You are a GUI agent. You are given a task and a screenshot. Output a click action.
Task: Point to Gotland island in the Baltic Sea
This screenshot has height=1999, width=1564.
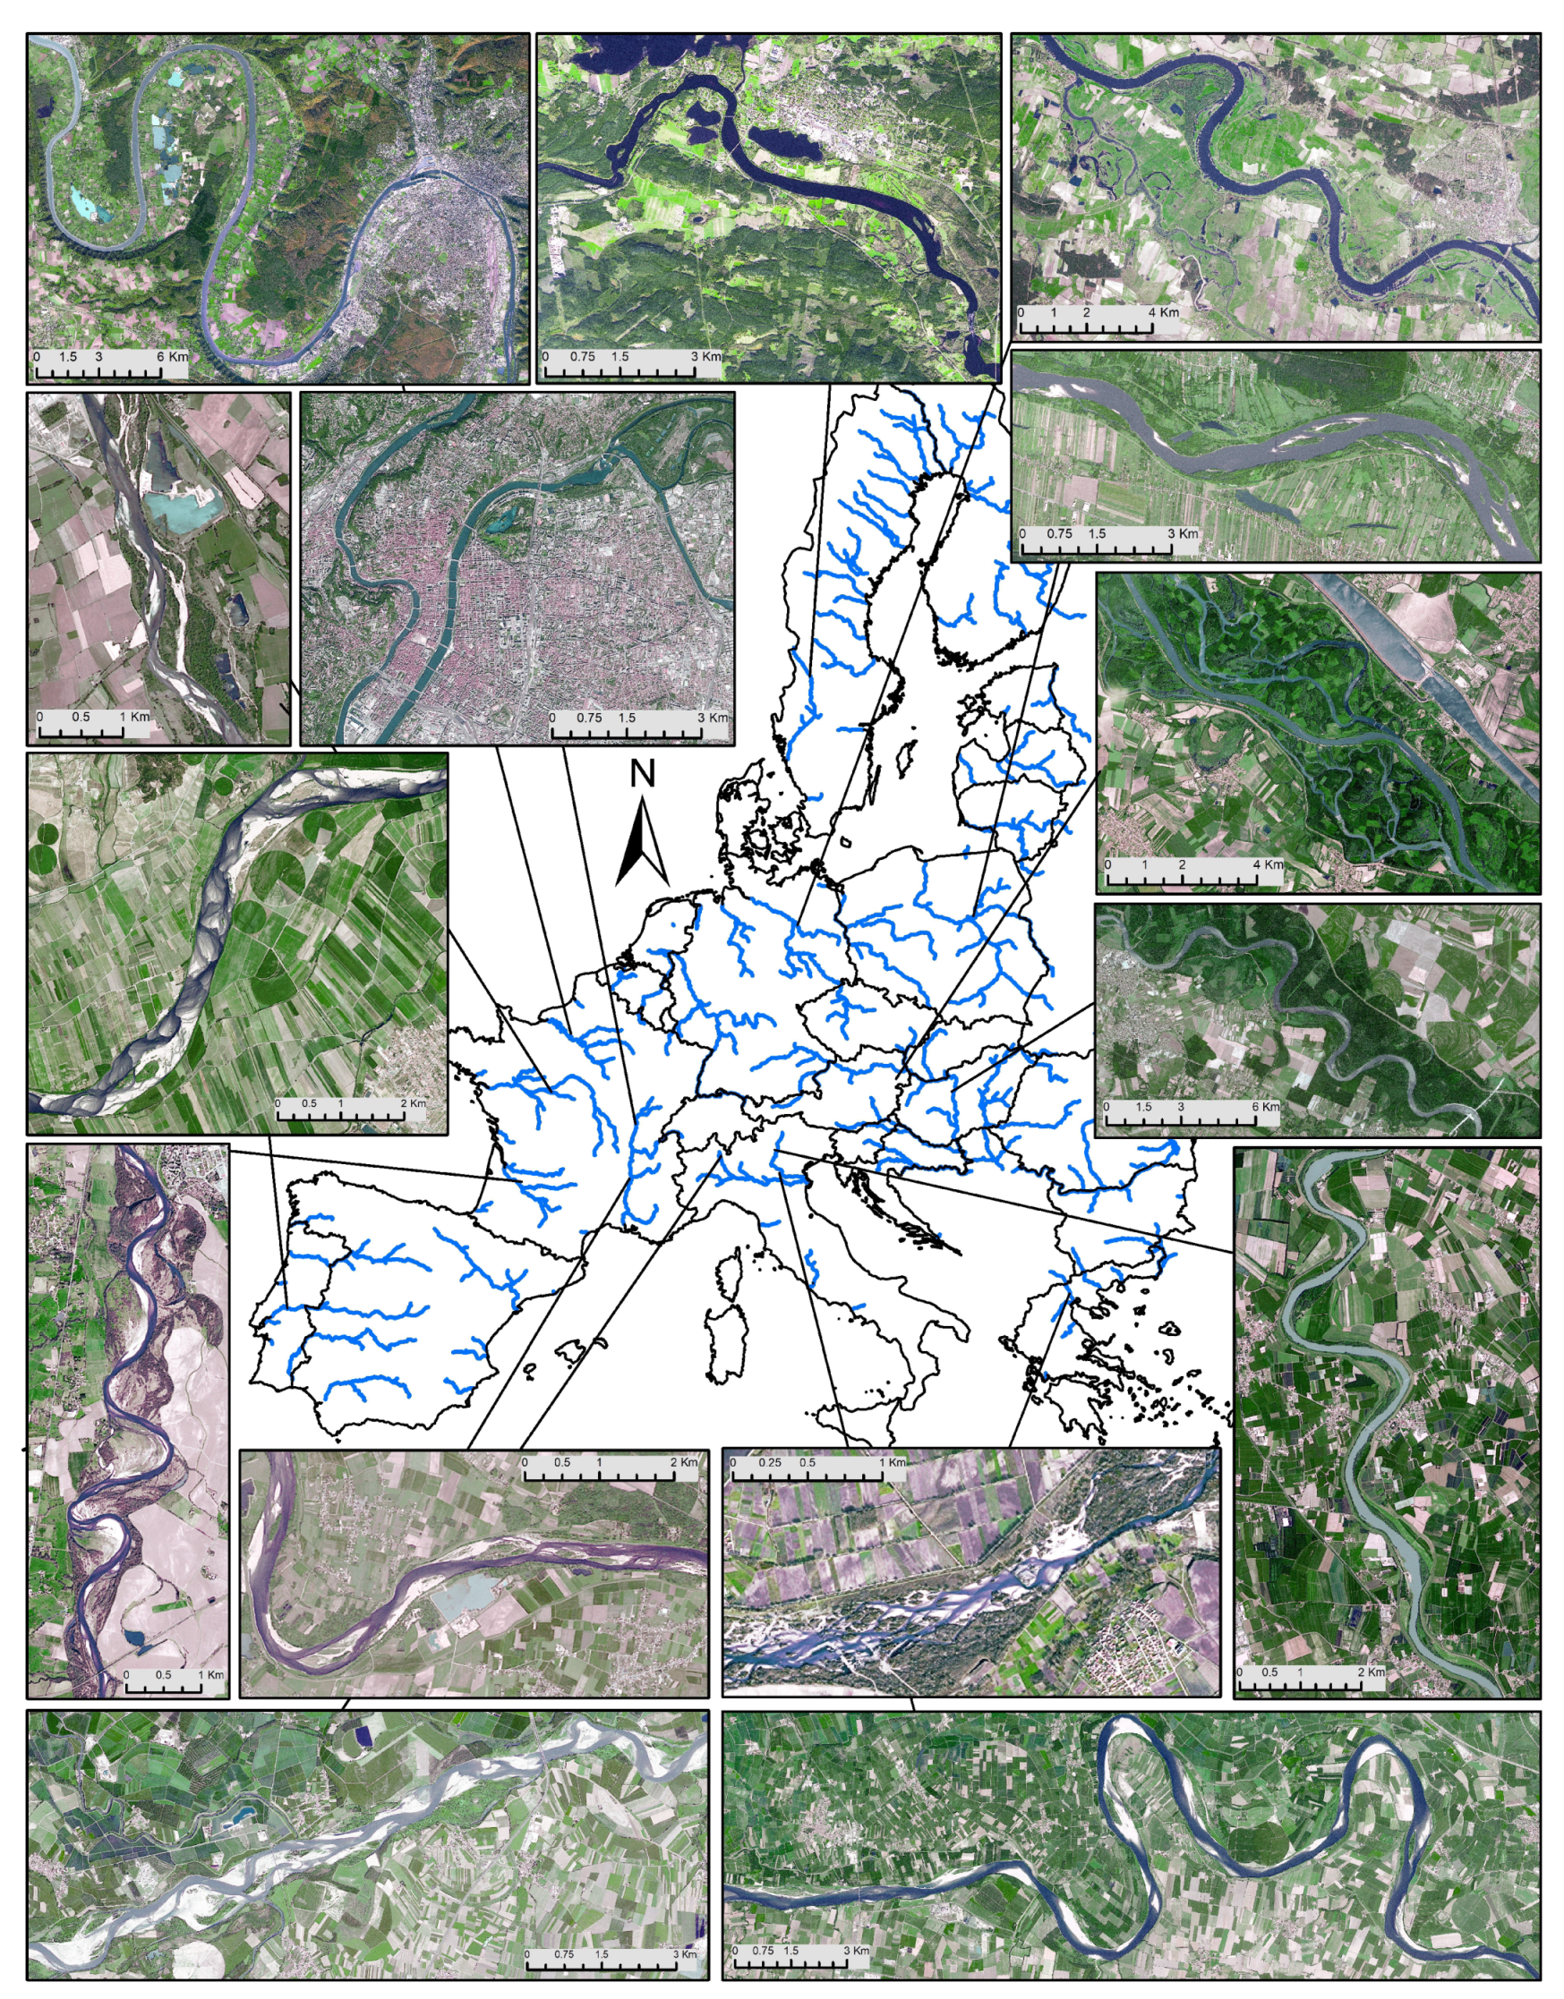[x=908, y=755]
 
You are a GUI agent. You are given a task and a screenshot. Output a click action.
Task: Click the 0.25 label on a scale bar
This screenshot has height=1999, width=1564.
[x=769, y=1462]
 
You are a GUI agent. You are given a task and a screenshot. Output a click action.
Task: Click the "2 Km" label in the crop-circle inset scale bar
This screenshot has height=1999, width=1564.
[x=413, y=1104]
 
